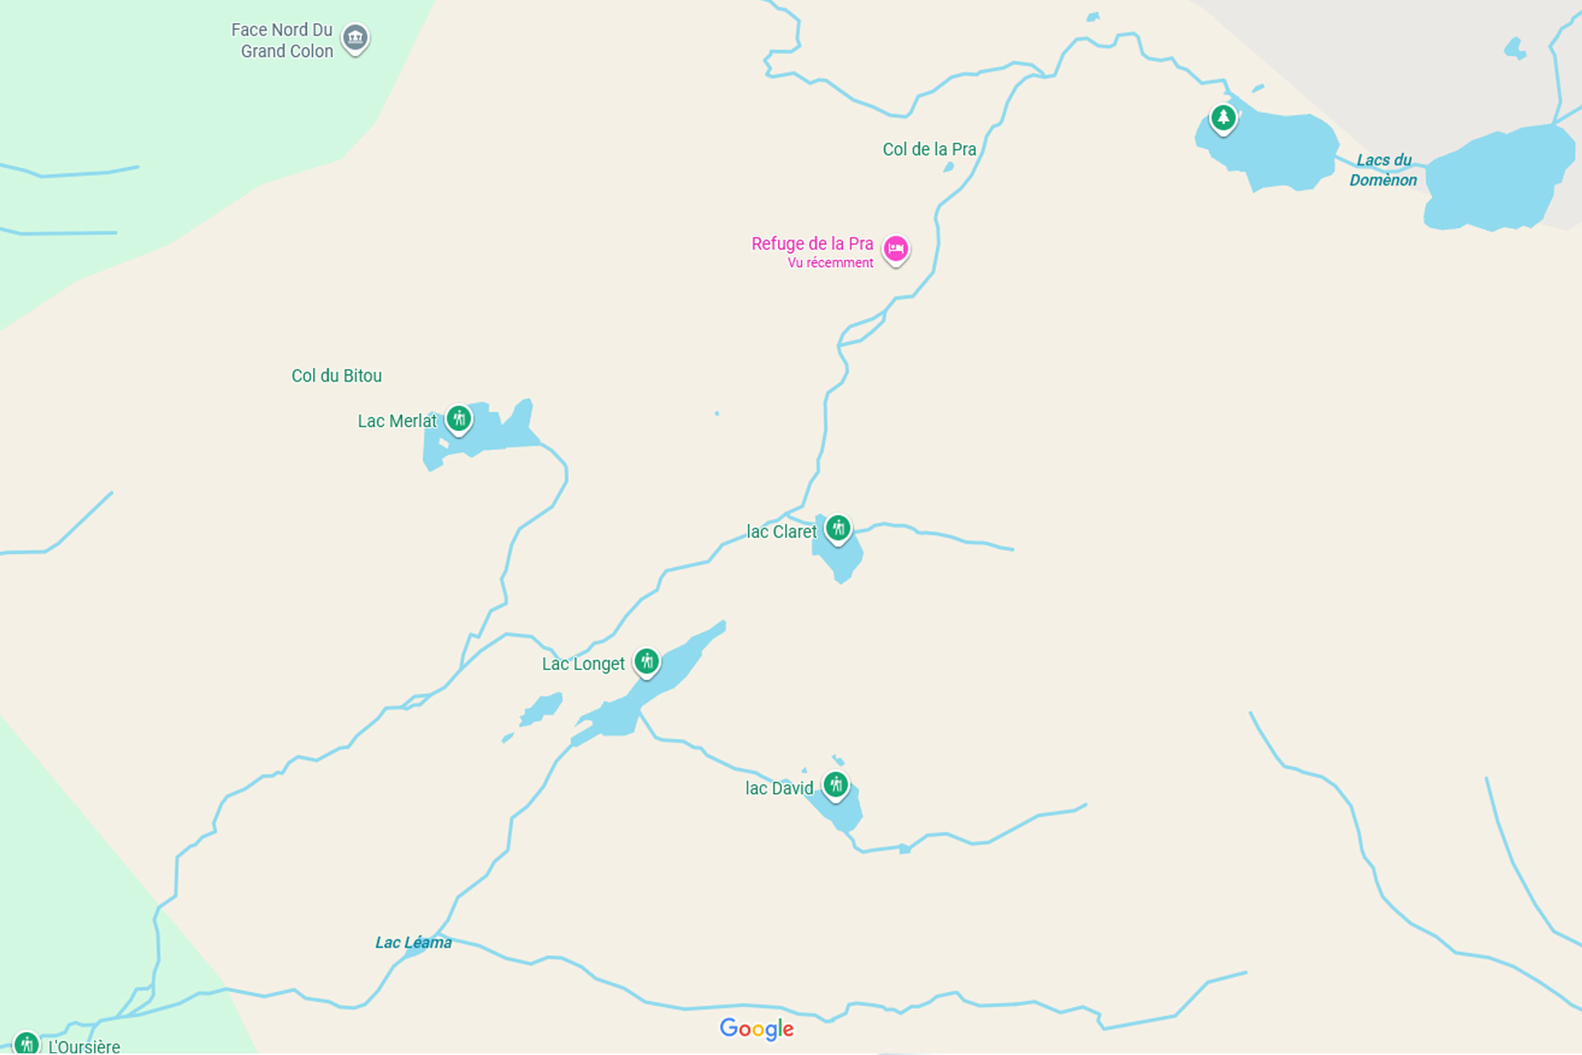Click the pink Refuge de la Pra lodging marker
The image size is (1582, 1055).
coord(896,249)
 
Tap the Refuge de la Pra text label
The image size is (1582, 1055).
coord(812,244)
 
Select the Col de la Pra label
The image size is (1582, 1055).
coord(929,149)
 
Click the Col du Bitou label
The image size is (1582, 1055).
coord(336,376)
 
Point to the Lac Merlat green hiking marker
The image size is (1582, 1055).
coord(459,419)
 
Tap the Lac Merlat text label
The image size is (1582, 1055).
coord(396,421)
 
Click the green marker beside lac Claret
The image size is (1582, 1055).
coord(838,527)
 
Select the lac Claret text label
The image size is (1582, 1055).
coord(780,532)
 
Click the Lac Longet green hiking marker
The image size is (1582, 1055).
coord(647,661)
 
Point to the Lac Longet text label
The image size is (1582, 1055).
coord(583,664)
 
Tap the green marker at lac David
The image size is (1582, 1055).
coord(835,784)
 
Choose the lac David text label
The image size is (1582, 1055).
coord(779,789)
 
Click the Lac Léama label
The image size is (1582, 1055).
coord(413,943)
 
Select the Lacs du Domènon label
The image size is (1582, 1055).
coord(1383,171)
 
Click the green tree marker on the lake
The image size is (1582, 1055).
coord(1223,118)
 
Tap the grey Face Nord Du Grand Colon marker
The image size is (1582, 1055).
coord(355,37)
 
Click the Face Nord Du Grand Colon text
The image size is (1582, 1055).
coord(283,40)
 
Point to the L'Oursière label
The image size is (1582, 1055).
coord(83,1046)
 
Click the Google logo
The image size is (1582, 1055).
coord(756,1029)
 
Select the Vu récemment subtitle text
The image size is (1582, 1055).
coord(830,263)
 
